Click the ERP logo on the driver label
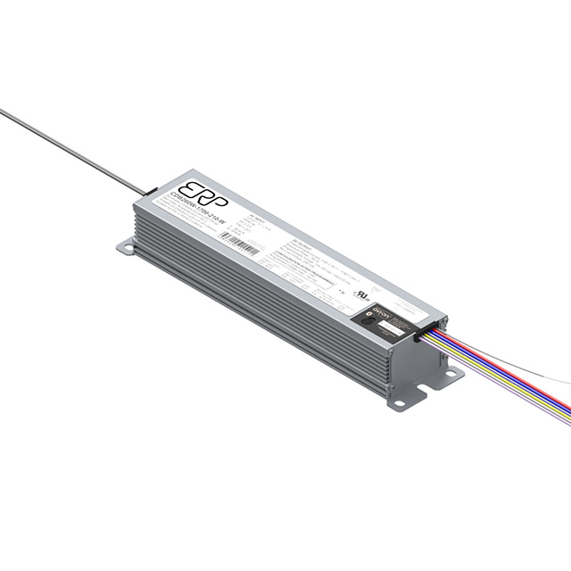click(203, 190)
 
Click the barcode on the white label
click(238, 244)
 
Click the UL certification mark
click(362, 292)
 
